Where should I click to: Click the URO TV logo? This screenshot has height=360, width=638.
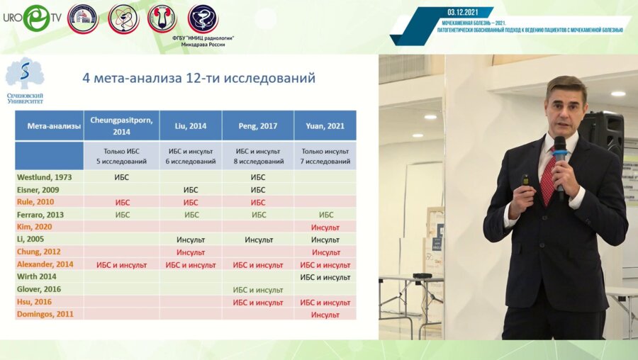pos(32,18)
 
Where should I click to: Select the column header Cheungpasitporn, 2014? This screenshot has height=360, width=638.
pos(121,125)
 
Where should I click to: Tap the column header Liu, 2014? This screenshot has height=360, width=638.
pos(190,125)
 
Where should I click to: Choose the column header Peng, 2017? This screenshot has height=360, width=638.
pos(258,125)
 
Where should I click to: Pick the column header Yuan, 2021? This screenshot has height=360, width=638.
pos(325,125)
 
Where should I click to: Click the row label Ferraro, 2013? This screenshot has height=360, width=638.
pos(40,215)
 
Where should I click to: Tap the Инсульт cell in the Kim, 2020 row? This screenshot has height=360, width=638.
pos(325,227)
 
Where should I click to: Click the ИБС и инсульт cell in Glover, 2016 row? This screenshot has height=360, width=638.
pos(258,290)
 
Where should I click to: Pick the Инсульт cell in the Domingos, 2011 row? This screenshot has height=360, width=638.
pos(325,315)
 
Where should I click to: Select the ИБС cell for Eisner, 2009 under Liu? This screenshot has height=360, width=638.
pos(190,190)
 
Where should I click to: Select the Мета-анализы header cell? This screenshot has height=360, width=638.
pos(49,125)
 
